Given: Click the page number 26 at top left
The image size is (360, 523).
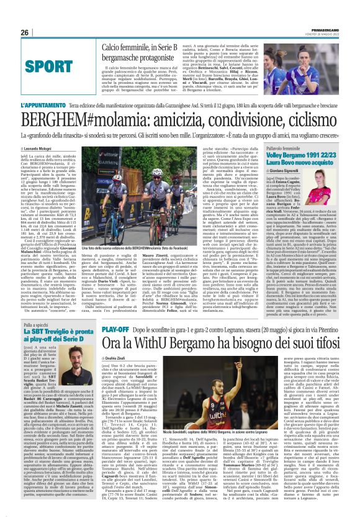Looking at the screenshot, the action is (x=25, y=32).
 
